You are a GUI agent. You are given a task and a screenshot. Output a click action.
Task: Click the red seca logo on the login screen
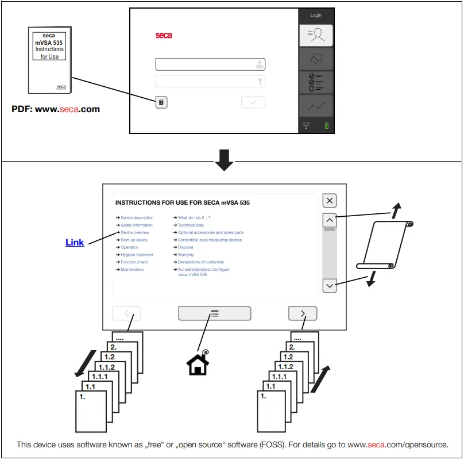coord(164,36)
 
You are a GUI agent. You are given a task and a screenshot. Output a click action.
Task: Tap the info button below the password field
coord(161,102)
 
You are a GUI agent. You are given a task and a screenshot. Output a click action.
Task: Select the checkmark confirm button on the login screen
coord(253,102)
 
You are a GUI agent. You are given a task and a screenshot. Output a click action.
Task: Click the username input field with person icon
coord(210,64)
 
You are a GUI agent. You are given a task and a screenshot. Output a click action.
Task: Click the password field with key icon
coord(210,81)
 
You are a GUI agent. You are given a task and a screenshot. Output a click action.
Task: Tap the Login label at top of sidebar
coord(316,15)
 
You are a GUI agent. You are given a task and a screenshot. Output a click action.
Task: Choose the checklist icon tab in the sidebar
coord(316,83)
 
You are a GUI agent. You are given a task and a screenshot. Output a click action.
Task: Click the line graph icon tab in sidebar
coord(316,106)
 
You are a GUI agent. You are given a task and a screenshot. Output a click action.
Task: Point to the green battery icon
coord(327,125)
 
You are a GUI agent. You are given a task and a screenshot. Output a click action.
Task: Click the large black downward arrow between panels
coord(224,160)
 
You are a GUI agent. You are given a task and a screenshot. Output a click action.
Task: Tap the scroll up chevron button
coord(330,220)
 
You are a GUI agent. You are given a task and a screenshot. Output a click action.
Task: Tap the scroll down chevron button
coord(330,285)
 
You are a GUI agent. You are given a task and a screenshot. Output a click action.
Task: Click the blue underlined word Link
coord(75,243)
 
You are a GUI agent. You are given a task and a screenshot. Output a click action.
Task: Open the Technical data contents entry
coord(191,225)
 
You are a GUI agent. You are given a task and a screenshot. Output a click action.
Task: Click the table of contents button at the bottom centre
coord(214,313)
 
